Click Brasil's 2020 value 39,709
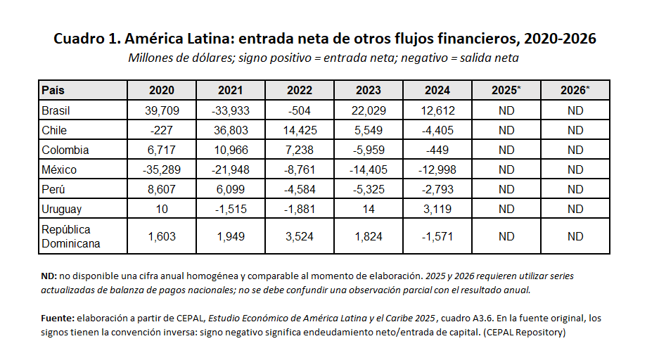(x=162, y=110)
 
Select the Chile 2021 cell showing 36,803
(x=231, y=130)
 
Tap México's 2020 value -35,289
(x=162, y=169)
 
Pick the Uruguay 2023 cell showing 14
(x=369, y=210)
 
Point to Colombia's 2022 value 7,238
(x=300, y=150)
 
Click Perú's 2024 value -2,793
(x=437, y=189)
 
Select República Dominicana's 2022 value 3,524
(x=300, y=236)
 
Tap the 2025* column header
(x=506, y=90)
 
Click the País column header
(x=53, y=90)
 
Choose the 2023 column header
(x=369, y=90)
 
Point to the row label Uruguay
(x=61, y=210)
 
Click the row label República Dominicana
(x=70, y=236)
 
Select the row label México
(x=59, y=169)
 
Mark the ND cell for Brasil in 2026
(x=575, y=110)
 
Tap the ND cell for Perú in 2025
(x=506, y=189)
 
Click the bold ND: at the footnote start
(x=49, y=276)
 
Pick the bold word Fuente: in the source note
(x=58, y=318)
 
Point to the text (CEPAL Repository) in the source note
(x=525, y=333)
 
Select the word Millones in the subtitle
(x=150, y=58)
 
